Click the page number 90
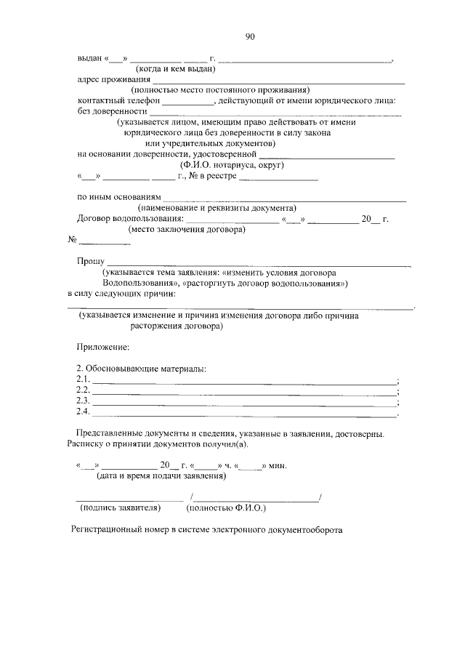pyautogui.click(x=249, y=36)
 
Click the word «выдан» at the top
pyautogui.click(x=89, y=58)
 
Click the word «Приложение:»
pyautogui.click(x=103, y=348)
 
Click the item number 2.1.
pyautogui.click(x=83, y=380)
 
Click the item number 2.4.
pyautogui.click(x=83, y=413)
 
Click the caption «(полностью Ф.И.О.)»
pyautogui.click(x=231, y=508)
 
